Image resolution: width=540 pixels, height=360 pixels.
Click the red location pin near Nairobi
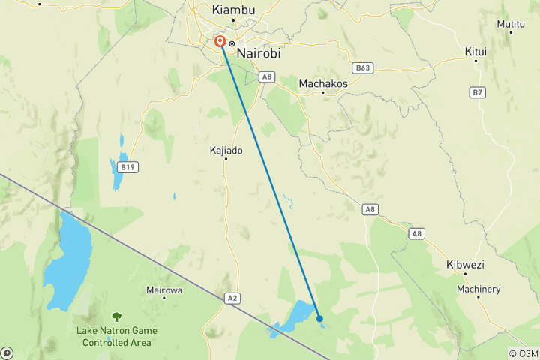220,42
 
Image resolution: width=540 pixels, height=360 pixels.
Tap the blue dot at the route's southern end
320,318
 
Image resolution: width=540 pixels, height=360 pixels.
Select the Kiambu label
233,10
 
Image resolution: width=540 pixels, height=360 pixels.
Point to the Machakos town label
323,83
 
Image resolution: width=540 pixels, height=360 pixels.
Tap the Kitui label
475,52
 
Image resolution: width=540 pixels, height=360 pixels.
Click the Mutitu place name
511,24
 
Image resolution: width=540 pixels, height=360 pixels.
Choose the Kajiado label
226,150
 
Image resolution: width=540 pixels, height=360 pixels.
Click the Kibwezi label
466,265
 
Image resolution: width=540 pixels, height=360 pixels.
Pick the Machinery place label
478,289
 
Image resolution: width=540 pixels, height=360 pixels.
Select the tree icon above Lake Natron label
116,317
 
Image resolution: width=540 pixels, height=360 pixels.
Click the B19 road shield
127,166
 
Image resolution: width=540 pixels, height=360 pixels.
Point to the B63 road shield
364,67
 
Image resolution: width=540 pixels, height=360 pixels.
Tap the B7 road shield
478,92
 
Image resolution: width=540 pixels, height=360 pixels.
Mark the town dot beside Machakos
323,93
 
